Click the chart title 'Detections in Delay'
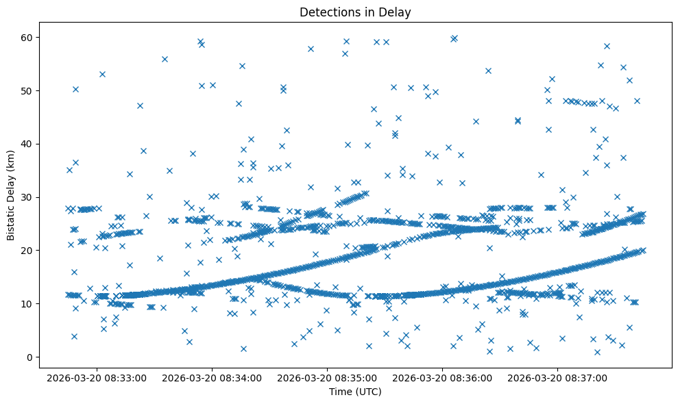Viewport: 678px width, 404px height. point(355,12)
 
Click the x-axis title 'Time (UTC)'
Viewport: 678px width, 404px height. point(355,392)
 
